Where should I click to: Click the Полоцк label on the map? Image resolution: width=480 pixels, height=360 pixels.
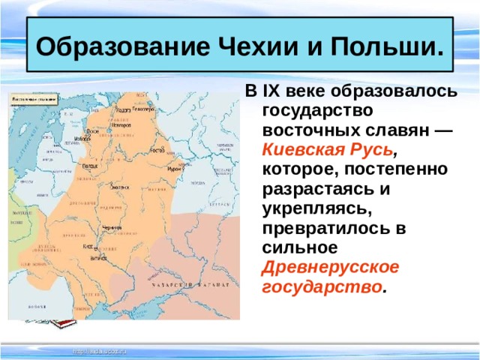89,163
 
